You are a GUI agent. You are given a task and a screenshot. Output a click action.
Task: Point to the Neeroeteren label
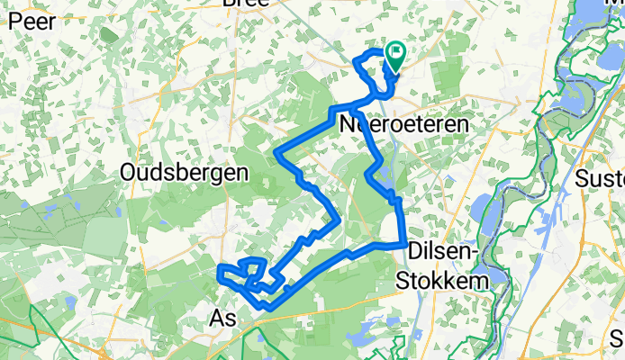(404, 127)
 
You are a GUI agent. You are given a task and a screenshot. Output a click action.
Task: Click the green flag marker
(394, 58)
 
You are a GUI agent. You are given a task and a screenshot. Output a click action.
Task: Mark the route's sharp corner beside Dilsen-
(401, 243)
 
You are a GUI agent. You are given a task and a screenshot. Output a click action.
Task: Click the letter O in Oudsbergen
(128, 172)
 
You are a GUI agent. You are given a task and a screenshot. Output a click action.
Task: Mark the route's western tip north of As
(219, 267)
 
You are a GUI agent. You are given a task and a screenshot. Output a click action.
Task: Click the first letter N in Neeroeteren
(348, 127)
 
